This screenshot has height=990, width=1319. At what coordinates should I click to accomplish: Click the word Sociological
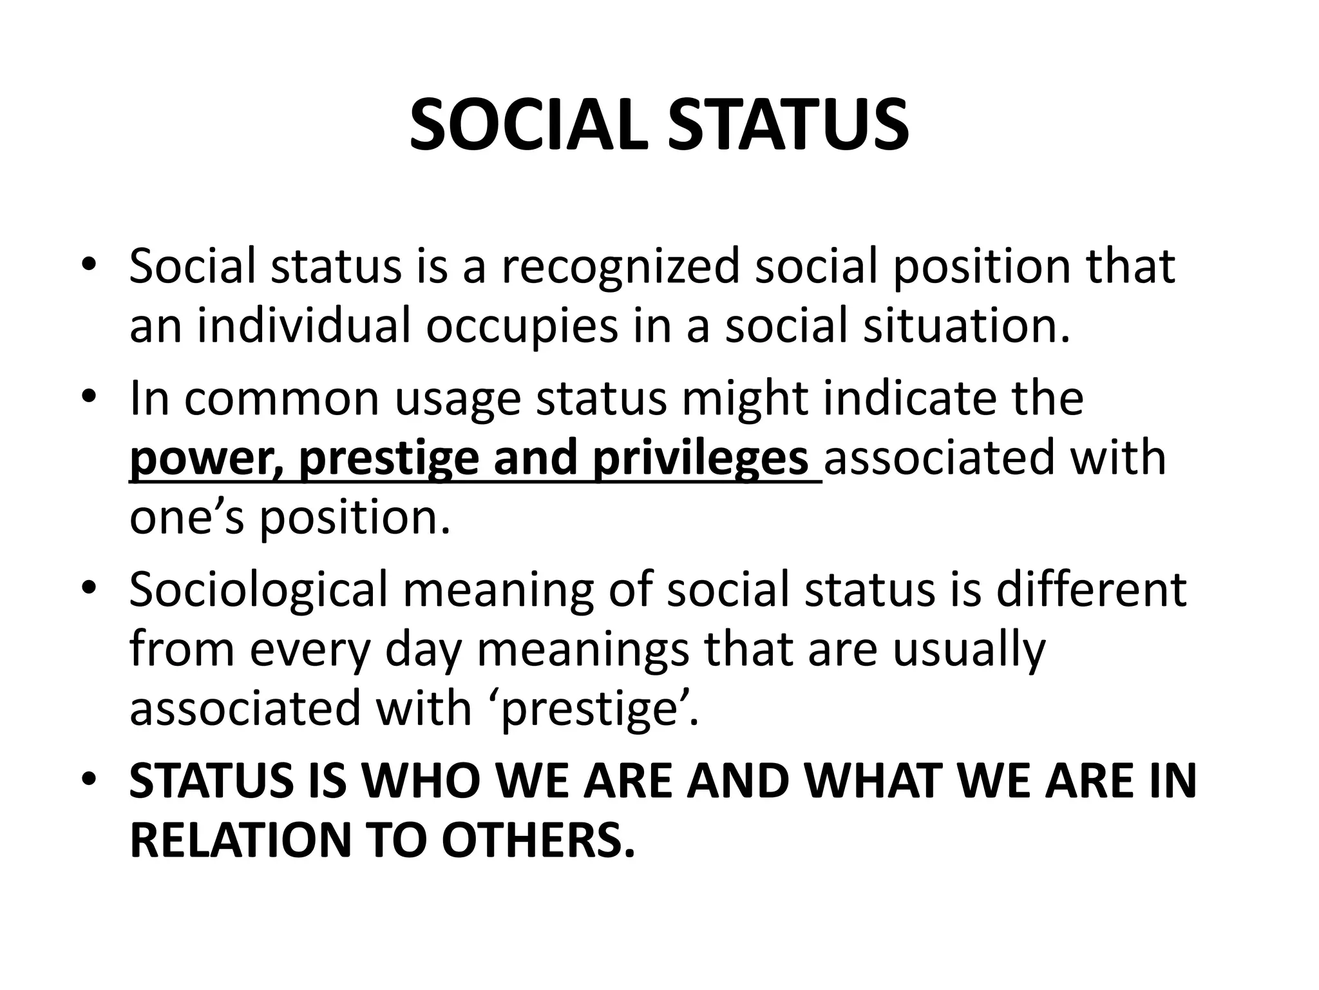click(258, 590)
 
